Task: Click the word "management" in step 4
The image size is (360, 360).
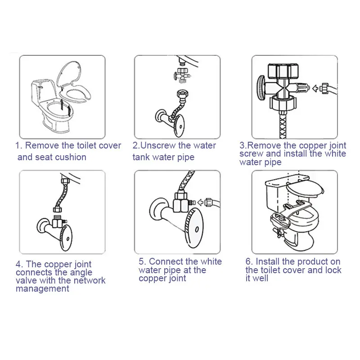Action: click(42, 288)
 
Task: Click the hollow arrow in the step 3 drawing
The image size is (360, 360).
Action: click(316, 88)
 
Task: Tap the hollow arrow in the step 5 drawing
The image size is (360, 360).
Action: click(201, 202)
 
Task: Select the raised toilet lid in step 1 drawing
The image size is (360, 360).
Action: click(69, 73)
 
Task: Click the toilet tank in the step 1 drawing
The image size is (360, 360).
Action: click(44, 91)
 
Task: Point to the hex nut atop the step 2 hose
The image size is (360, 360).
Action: click(182, 94)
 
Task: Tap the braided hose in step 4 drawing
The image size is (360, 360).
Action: click(59, 196)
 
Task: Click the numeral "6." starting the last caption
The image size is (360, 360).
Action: click(250, 261)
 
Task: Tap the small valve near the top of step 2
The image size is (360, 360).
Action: click(181, 75)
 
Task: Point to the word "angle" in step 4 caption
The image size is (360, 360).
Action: click(81, 273)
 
